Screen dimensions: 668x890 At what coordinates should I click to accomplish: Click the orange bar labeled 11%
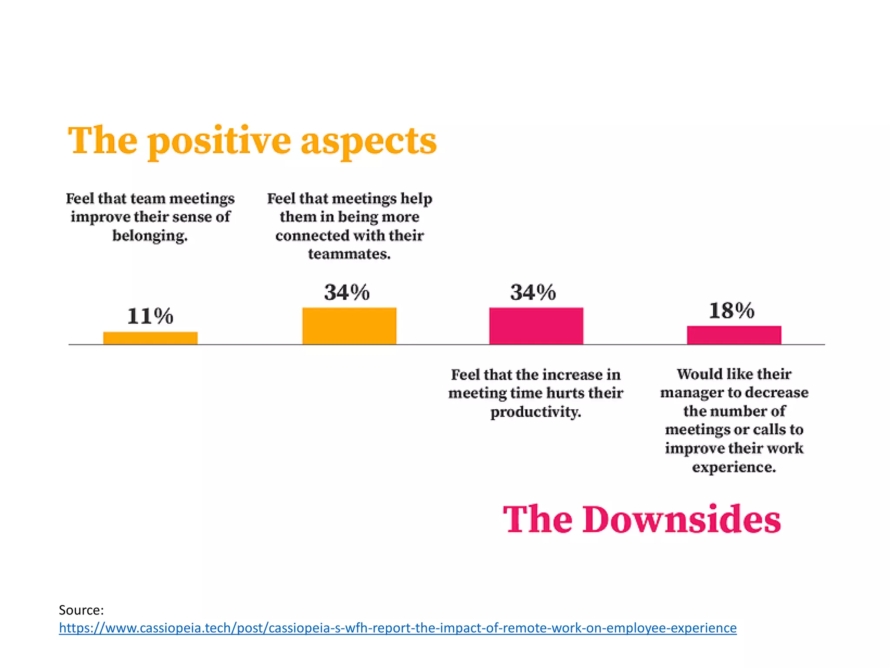tap(150, 338)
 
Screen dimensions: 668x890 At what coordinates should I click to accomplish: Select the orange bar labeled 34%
tap(349, 326)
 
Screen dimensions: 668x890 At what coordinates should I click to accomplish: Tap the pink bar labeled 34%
tap(536, 326)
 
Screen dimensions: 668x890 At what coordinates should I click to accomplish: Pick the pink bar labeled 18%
tap(734, 335)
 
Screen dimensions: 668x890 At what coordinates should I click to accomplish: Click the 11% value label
tap(150, 316)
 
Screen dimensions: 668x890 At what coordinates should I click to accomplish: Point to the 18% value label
tap(732, 311)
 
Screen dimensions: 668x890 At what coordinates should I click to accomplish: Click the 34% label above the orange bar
tap(347, 292)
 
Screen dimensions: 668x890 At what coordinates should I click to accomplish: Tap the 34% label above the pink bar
tap(533, 292)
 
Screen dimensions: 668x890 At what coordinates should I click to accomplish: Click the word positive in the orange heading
tap(219, 142)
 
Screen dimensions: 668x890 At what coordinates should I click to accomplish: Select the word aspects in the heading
tap(369, 142)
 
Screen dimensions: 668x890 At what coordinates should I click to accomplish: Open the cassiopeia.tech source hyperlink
tap(398, 628)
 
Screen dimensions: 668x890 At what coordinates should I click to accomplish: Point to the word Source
tap(81, 610)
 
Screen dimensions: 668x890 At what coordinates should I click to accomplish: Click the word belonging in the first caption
tap(149, 236)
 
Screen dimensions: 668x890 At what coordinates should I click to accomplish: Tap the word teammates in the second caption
tap(349, 254)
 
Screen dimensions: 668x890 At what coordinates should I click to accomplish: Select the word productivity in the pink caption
tap(535, 412)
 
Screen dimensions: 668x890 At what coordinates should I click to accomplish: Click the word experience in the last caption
tap(734, 467)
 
